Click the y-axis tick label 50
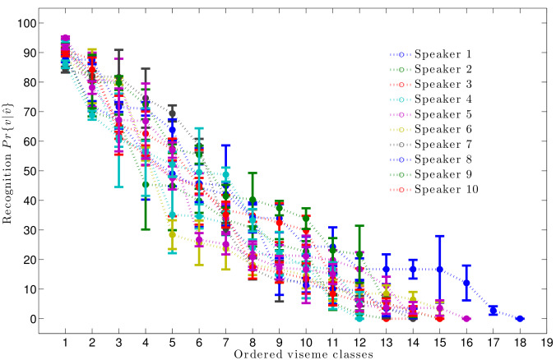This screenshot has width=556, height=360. [x=33, y=171]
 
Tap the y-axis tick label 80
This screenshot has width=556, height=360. [x=33, y=82]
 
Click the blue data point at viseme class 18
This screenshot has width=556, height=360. [x=520, y=318]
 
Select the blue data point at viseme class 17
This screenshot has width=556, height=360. [x=493, y=311]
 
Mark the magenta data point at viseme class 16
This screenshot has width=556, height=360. [x=466, y=318]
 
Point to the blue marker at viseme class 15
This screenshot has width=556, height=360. [x=439, y=270]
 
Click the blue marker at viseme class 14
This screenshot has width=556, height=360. [x=413, y=270]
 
